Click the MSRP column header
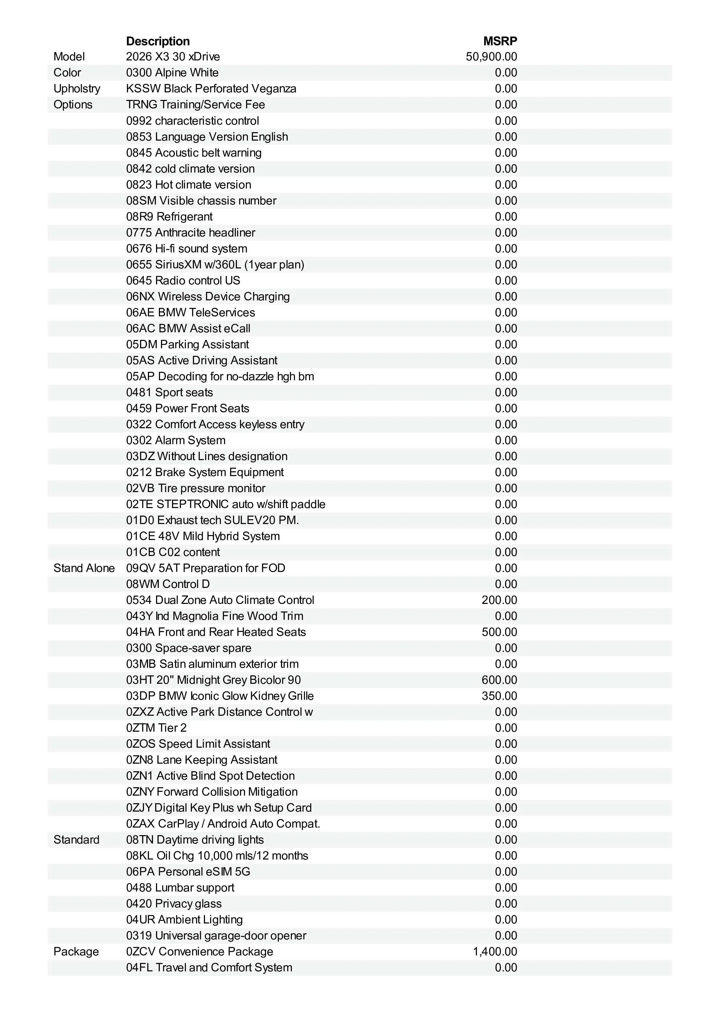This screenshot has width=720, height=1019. (500, 41)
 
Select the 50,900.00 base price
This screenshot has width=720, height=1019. (491, 57)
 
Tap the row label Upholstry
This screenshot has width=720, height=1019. (77, 89)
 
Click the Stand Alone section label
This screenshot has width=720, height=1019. (84, 568)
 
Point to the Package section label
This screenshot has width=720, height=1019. (76, 952)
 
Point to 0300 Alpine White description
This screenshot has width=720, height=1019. (172, 73)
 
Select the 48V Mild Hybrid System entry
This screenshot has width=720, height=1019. (203, 536)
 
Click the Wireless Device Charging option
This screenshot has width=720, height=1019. (208, 297)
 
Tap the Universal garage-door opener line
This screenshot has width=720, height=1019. (216, 936)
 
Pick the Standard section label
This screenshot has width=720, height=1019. (76, 840)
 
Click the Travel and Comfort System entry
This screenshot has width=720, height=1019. (209, 968)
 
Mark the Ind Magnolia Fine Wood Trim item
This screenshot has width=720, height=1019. (215, 616)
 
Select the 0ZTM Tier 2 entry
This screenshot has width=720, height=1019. (156, 728)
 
